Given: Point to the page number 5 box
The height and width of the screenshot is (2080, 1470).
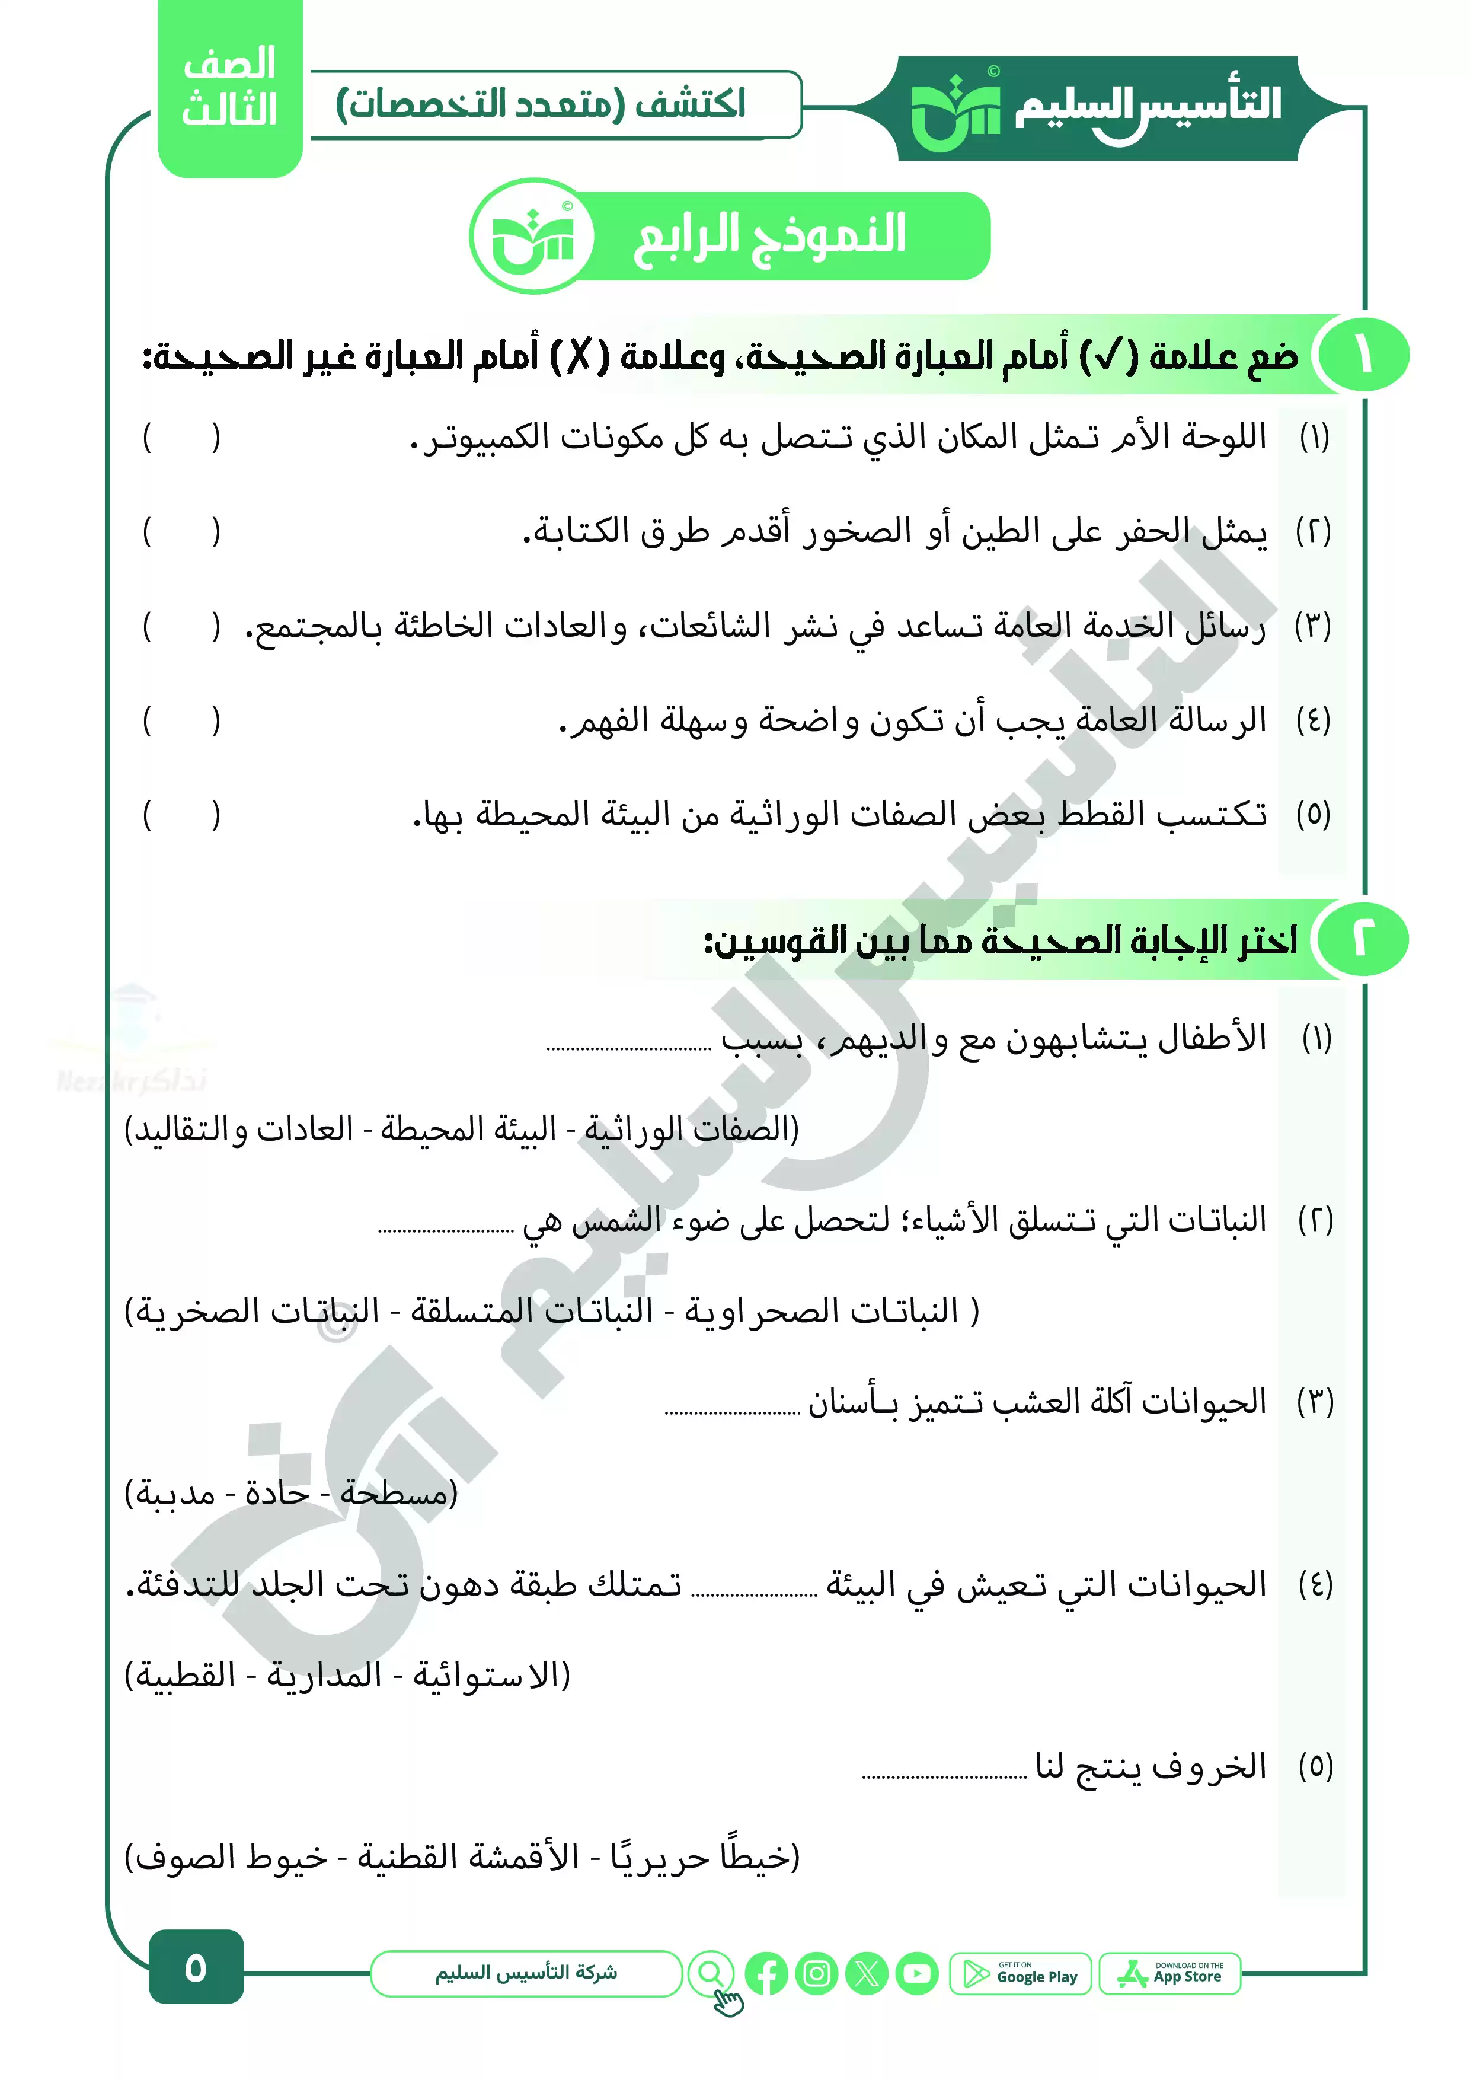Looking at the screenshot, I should click(x=196, y=1968).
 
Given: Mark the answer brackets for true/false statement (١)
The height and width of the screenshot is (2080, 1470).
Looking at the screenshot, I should click(x=181, y=438).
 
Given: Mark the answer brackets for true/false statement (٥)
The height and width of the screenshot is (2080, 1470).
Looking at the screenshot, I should click(x=181, y=815).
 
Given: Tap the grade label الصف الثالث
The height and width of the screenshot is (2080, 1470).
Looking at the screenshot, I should click(x=229, y=88).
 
